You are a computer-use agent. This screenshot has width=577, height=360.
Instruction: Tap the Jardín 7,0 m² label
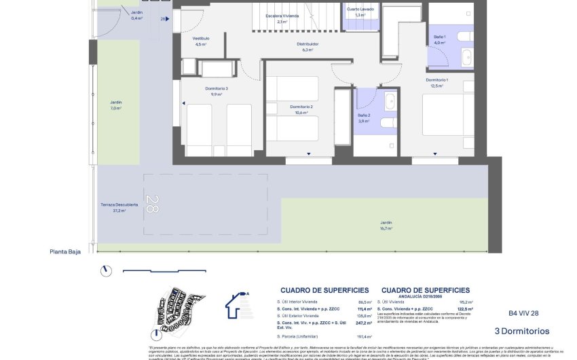pyautogui.click(x=116, y=105)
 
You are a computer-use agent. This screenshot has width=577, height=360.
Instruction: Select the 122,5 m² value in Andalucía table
pyautogui.click(x=464, y=308)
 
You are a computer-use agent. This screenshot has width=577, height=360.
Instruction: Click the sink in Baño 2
pyautogui.click(x=390, y=102)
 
